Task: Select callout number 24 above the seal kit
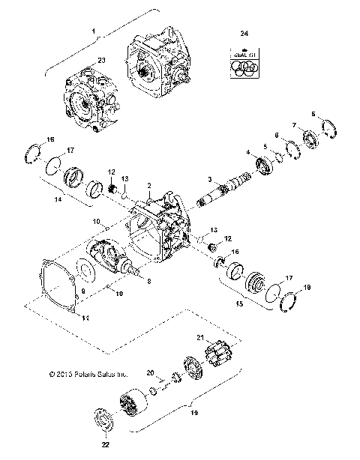pyautogui.click(x=243, y=34)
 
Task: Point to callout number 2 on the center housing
pyautogui.click(x=150, y=184)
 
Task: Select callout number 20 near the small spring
pyautogui.click(x=150, y=372)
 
